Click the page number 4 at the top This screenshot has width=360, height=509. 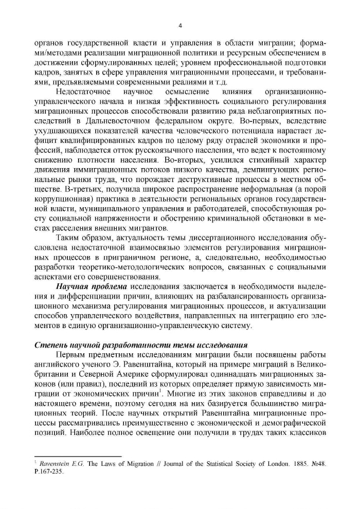point(180,25)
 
